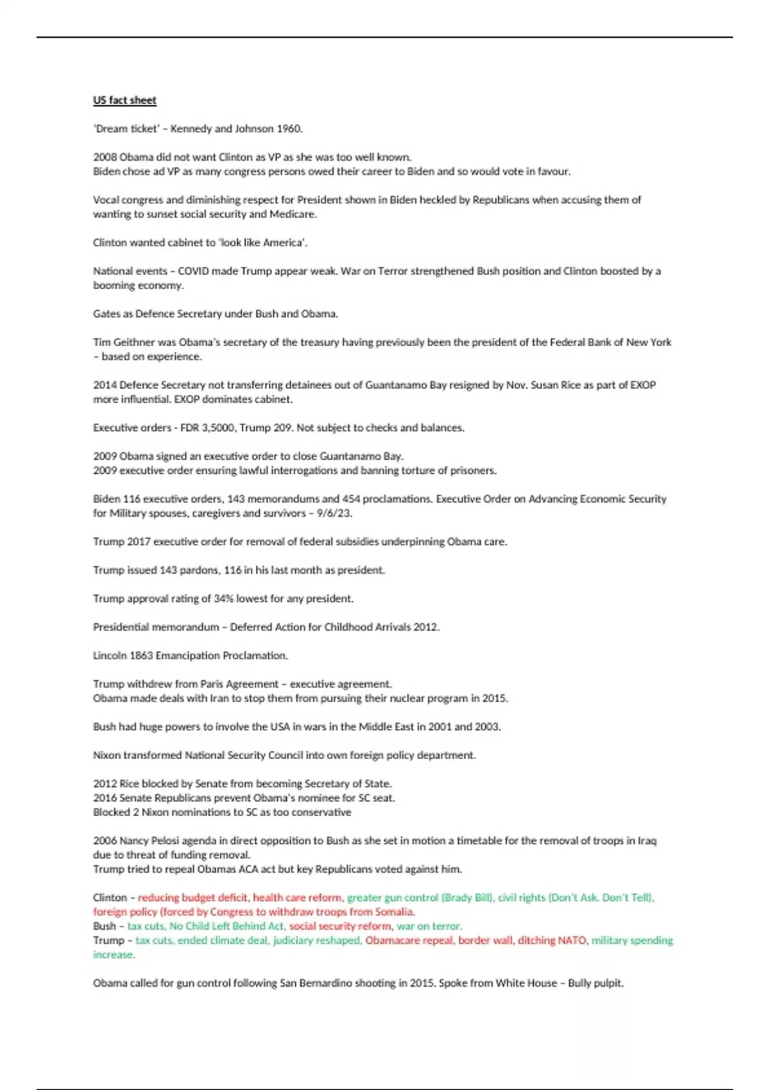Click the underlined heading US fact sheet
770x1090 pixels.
(124, 100)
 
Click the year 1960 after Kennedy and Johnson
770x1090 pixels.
(288, 128)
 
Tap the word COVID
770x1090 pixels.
(193, 271)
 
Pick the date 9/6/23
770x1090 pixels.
(334, 513)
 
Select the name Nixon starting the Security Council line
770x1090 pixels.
(107, 755)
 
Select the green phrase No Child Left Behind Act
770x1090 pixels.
(227, 926)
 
